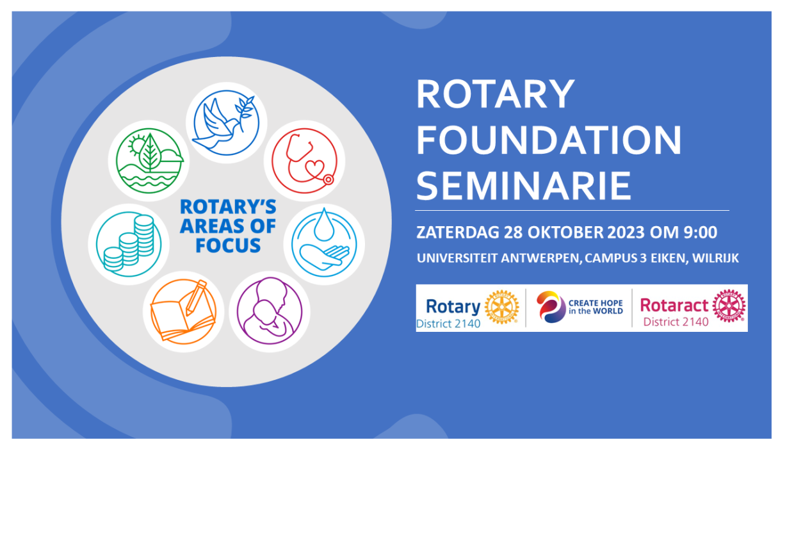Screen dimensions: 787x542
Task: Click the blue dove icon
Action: [x=226, y=122]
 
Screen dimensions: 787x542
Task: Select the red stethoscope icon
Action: [x=305, y=161]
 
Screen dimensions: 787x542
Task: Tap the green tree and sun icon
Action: [x=149, y=161]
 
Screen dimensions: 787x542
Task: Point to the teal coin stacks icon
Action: [x=129, y=244]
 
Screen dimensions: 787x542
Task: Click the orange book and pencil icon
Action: [x=183, y=311]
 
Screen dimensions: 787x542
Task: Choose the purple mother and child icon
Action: [x=270, y=311]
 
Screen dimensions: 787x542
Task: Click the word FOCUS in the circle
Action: [x=228, y=245]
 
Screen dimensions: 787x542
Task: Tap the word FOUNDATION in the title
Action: [x=549, y=140]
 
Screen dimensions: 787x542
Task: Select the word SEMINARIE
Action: [x=524, y=186]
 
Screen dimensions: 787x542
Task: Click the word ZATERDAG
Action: [x=458, y=233]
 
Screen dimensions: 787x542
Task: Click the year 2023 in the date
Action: [x=626, y=233]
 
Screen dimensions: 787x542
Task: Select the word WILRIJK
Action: [x=715, y=258]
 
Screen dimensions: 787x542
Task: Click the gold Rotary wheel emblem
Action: [x=501, y=306]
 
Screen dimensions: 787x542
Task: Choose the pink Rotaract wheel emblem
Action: [x=729, y=306]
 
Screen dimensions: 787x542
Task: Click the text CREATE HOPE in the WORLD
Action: [x=596, y=307]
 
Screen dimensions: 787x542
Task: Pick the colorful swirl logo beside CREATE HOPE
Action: [x=551, y=306]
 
